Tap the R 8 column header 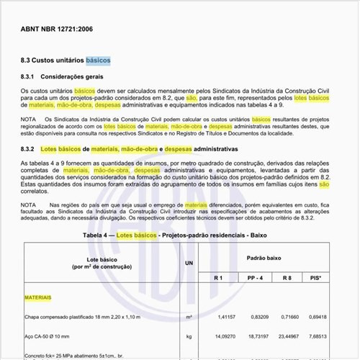pyautogui.click(x=287, y=277)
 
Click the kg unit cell pyautogui.click(x=189, y=336)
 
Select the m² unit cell pyautogui.click(x=189, y=317)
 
